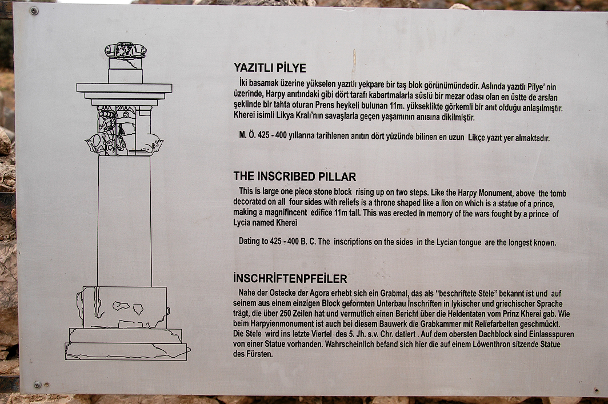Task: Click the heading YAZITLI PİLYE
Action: [x=270, y=68]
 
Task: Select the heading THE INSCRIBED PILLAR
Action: [x=295, y=177]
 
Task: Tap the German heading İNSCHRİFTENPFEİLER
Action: [x=290, y=279]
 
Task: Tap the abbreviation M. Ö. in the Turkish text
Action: [x=247, y=135]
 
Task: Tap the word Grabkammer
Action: [x=471, y=324]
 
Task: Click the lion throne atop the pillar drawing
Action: [x=125, y=51]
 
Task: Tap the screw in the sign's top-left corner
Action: [x=34, y=11]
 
